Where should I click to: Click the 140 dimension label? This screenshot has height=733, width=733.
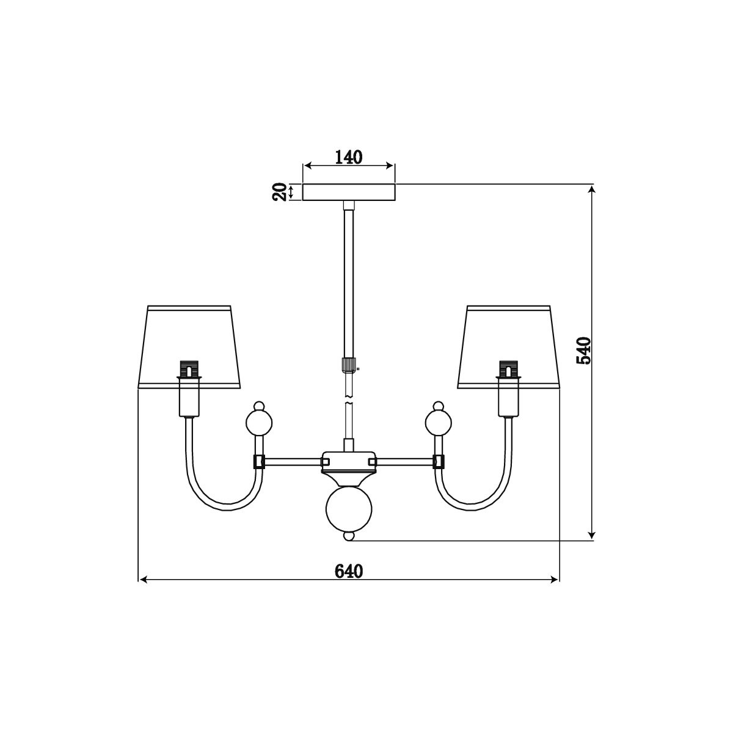(x=349, y=157)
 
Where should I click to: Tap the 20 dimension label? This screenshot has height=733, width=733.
(x=280, y=192)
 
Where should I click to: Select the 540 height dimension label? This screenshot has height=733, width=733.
(x=583, y=351)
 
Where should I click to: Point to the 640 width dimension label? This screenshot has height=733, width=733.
(x=349, y=571)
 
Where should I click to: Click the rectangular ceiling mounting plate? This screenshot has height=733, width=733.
(x=349, y=192)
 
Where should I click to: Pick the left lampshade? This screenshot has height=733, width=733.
(x=189, y=346)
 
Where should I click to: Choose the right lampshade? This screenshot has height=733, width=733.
(x=509, y=346)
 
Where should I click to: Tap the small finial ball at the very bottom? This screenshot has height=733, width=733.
(x=349, y=536)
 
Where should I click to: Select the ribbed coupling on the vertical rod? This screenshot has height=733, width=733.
(x=349, y=364)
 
